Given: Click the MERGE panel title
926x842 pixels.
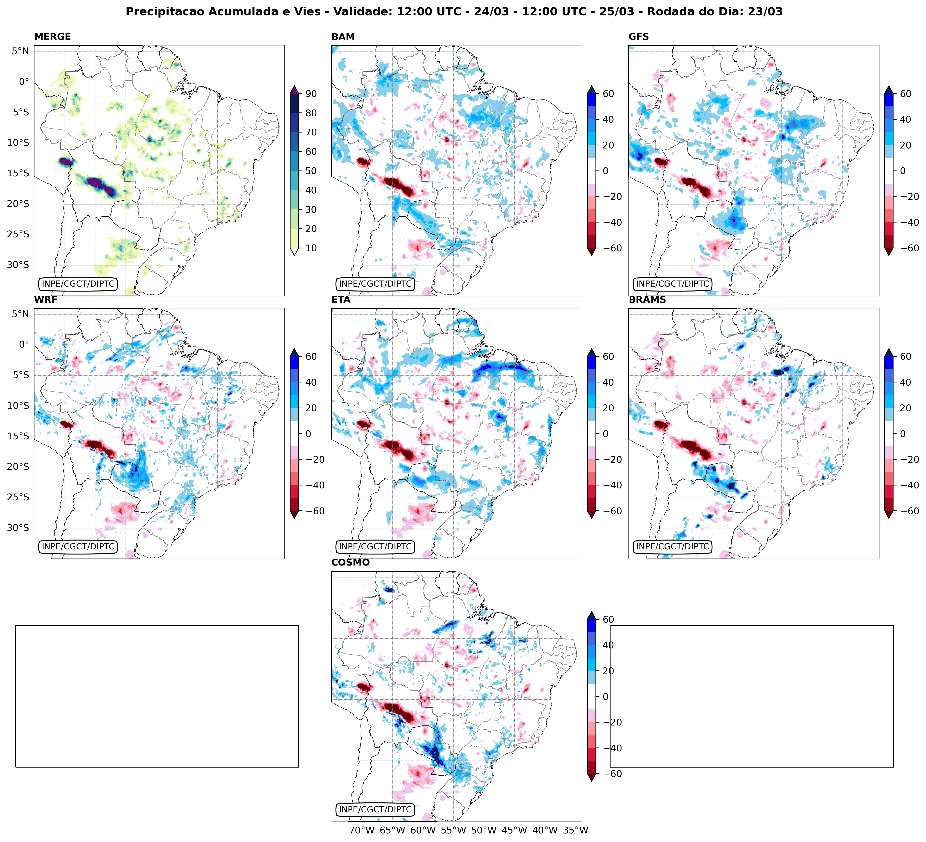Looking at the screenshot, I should [52, 37].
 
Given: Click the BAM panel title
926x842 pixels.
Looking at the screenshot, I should [343, 37].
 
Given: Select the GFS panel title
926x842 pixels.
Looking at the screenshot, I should [638, 37].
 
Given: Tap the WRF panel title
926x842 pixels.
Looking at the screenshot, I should [45, 300].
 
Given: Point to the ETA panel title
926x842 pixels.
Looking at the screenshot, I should [341, 300].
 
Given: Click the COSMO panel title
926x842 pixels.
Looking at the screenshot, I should [350, 562].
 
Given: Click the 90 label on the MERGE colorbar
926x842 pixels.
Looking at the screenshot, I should [311, 94].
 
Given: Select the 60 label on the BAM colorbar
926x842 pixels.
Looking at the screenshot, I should [608, 94].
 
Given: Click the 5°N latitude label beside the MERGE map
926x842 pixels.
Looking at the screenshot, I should [20, 51].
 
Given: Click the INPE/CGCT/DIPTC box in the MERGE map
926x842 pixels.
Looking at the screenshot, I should [78, 284].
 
